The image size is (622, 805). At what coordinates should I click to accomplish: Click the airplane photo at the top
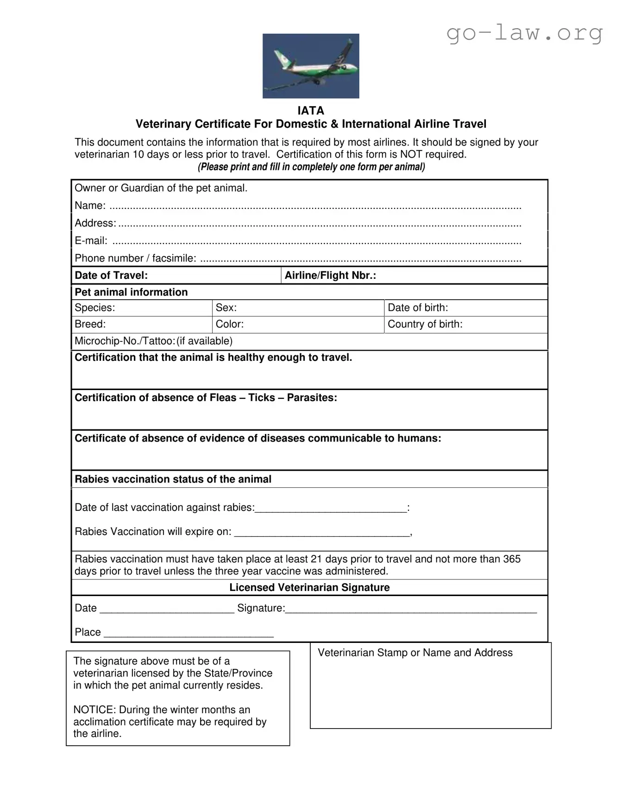pyautogui.click(x=311, y=66)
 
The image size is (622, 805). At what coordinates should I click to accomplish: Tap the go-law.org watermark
pyautogui.click(x=525, y=32)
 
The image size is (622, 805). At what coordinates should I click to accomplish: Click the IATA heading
pyautogui.click(x=311, y=111)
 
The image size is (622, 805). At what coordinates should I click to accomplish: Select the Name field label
pyautogui.click(x=90, y=205)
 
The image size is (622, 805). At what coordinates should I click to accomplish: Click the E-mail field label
pyautogui.click(x=91, y=240)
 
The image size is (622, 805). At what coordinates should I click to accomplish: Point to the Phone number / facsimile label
pyautogui.click(x=135, y=258)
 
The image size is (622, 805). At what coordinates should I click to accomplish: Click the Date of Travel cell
pyautogui.click(x=176, y=276)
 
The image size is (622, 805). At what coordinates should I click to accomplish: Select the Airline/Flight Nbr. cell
pyautogui.click(x=414, y=276)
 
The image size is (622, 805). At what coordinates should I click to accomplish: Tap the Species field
pyautogui.click(x=142, y=308)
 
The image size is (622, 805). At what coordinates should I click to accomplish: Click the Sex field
pyautogui.click(x=298, y=308)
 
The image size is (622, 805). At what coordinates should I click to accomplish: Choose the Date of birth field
pyautogui.click(x=465, y=308)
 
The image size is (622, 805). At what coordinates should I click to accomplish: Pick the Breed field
pyautogui.click(x=142, y=324)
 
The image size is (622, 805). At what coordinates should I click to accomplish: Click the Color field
pyautogui.click(x=298, y=324)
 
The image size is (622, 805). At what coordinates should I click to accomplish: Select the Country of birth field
pyautogui.click(x=465, y=324)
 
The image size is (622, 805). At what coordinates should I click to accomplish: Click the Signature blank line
pyautogui.click(x=411, y=609)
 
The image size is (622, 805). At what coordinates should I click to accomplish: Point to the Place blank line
pyautogui.click(x=188, y=633)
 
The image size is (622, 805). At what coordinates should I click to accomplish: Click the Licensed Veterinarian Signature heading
pyautogui.click(x=309, y=588)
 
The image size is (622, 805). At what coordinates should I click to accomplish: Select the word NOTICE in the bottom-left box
pyautogui.click(x=94, y=710)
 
